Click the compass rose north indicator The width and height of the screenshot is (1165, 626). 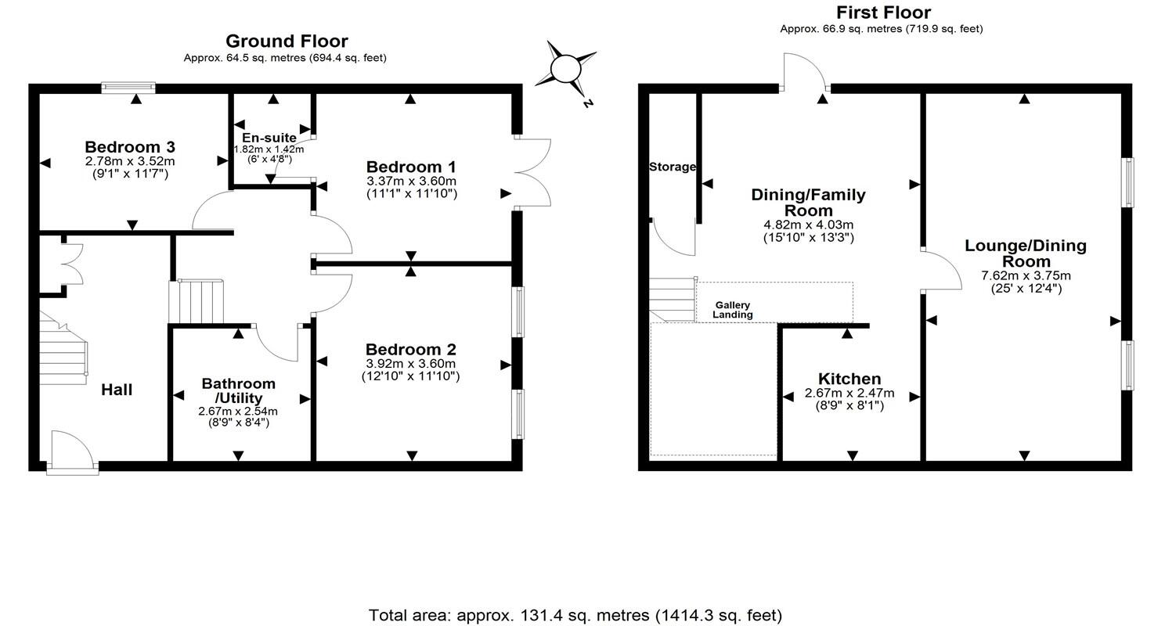coord(567,70)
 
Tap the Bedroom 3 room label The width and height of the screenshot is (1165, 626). coord(130,147)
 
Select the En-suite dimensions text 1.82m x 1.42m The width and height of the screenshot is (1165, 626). coord(269,149)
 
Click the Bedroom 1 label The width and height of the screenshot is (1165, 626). coord(411,167)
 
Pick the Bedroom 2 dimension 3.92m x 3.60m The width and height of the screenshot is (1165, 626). coord(410,364)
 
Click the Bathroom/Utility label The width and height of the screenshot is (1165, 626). coord(238,390)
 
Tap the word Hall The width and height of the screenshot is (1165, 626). coord(117,390)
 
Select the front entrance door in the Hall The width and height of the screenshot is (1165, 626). coord(71,452)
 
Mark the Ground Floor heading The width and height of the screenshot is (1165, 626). coord(287,41)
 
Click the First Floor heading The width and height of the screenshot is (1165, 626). coord(883,13)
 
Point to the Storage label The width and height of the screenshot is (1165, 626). coord(672,167)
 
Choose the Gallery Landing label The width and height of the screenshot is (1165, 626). coord(733,310)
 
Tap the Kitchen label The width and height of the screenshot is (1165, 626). coord(849,379)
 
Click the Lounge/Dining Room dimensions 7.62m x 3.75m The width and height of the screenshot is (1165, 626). coord(1026,275)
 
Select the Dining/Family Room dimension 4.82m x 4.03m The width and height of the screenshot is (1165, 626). coord(808,225)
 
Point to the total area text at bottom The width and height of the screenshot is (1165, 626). coord(575,615)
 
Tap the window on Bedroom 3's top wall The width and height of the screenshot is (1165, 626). coord(128,88)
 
